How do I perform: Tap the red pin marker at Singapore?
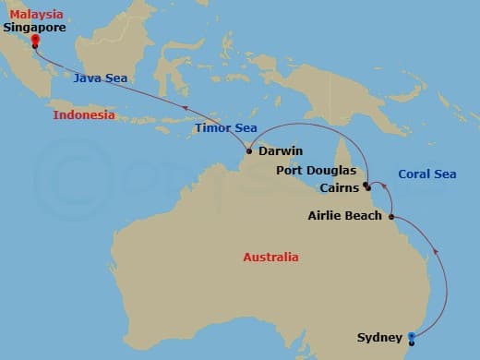(x=34, y=40)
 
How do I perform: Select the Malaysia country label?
(x=33, y=14)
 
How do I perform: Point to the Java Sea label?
(x=101, y=78)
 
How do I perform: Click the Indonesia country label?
(x=84, y=115)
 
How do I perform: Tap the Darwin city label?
(x=281, y=150)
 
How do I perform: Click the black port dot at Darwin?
(x=249, y=150)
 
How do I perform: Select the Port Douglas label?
(x=315, y=171)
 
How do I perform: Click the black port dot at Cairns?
(x=367, y=186)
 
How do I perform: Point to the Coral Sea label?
(x=426, y=174)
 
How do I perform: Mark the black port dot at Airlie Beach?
(x=391, y=217)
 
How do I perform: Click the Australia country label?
(x=270, y=257)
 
